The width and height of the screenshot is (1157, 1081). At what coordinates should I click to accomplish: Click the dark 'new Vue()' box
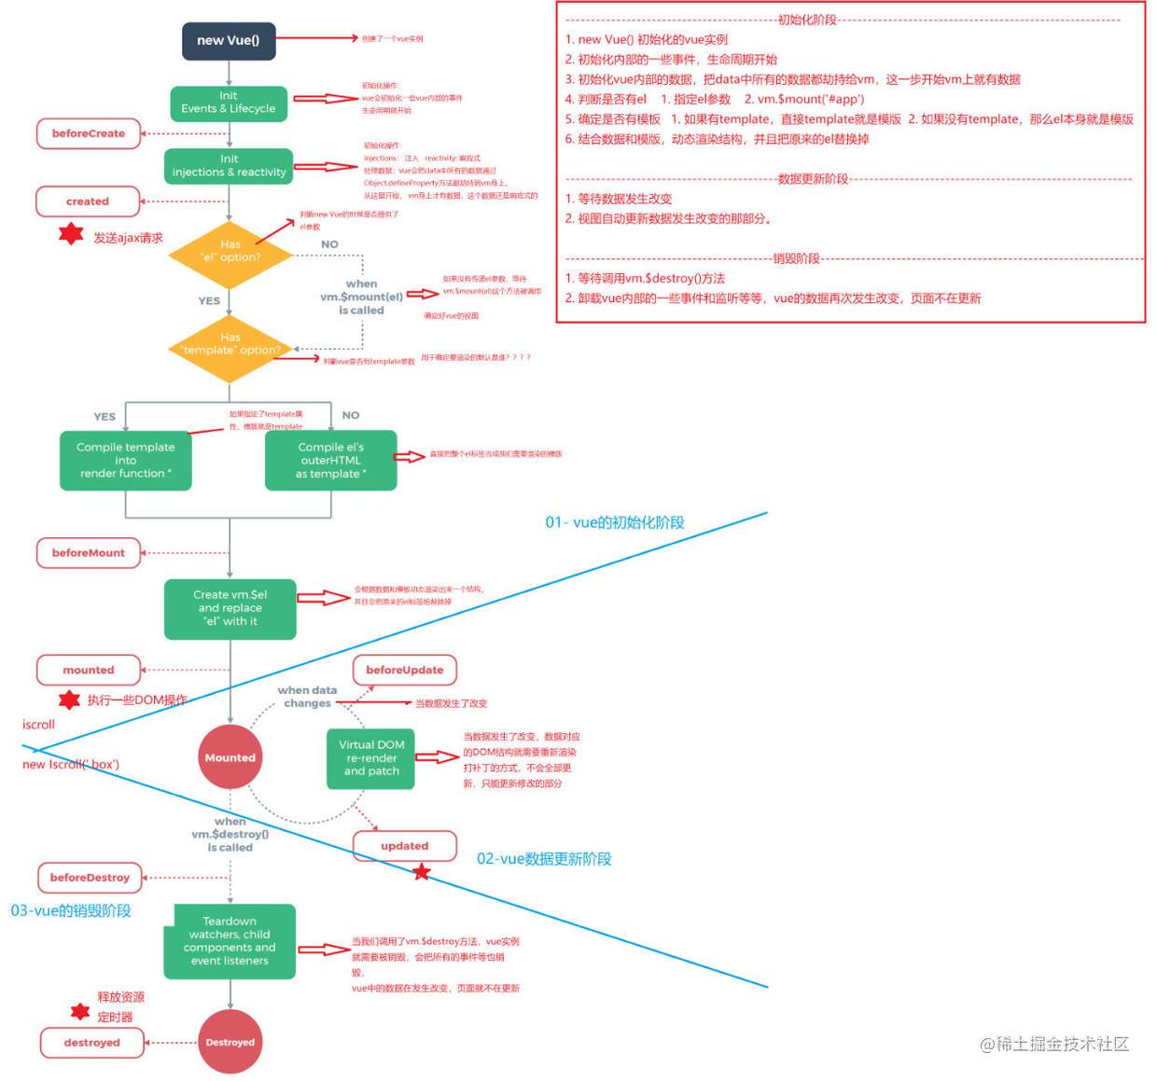coord(229,41)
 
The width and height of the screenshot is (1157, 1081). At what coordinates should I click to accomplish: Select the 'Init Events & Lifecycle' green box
coord(229,103)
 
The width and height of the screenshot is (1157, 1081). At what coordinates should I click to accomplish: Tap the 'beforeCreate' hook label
coord(89,133)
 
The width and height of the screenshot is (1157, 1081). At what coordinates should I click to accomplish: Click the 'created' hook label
coord(88,201)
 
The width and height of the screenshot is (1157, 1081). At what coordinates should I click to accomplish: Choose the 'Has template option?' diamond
coord(230,345)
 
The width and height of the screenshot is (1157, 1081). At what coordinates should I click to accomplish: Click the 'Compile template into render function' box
coord(126,461)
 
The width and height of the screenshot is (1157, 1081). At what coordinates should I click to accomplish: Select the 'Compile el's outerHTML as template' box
coord(331,461)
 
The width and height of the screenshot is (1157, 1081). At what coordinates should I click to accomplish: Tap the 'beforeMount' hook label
coord(89,553)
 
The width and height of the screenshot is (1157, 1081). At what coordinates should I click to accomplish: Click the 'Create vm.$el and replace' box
coord(230,608)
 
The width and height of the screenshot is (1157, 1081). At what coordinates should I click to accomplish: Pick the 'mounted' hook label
coord(89,670)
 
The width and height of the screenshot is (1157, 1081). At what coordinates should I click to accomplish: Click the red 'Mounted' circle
coord(230,757)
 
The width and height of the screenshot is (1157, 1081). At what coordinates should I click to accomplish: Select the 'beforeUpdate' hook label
coord(404,670)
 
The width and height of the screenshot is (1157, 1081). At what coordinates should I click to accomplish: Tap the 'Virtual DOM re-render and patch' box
coord(371,758)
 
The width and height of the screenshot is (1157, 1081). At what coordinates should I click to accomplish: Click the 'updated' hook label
coord(404,846)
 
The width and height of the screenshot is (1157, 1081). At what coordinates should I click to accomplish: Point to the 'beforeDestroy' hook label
coord(90,878)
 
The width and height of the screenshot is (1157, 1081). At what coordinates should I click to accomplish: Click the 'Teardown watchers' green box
coord(230,941)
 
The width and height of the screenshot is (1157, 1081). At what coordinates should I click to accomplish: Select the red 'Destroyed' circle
coord(230,1042)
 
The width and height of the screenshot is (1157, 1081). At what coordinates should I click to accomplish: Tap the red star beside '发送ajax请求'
coord(71,234)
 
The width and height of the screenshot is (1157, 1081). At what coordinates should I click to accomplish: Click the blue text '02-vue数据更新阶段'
coord(544,859)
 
